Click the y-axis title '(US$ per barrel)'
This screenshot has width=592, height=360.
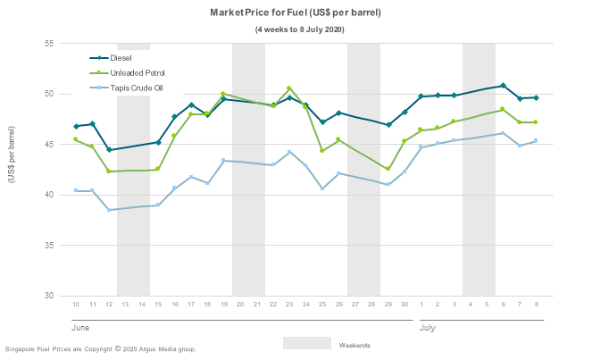point(12,155)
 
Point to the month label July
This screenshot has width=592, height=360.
point(429,327)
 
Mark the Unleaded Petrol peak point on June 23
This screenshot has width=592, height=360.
point(289,88)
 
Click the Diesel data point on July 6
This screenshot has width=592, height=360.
point(503,86)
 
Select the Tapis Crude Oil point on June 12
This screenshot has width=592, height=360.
point(109,210)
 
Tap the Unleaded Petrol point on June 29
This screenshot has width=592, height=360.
point(388,169)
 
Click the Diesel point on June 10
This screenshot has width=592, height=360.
point(76,126)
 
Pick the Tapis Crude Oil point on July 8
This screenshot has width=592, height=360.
point(536,140)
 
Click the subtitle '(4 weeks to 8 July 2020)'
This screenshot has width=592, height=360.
point(299,29)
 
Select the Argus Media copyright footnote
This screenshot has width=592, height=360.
point(100,349)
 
